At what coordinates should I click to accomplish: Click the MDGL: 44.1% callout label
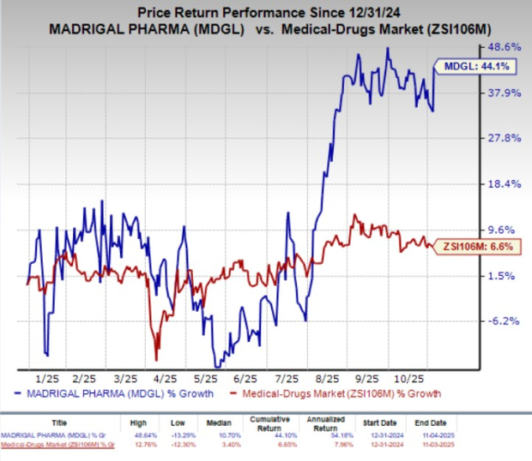[x=469, y=66]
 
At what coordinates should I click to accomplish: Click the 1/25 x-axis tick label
[x=47, y=377]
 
